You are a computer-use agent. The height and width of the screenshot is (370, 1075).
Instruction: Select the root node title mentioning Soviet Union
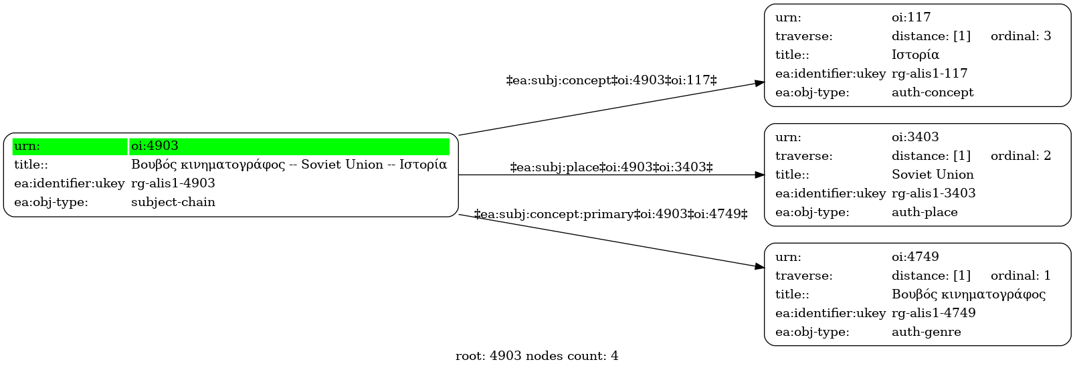tap(289, 165)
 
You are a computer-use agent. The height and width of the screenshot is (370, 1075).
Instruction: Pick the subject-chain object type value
tap(173, 202)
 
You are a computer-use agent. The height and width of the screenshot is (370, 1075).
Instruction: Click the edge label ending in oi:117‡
tap(611, 80)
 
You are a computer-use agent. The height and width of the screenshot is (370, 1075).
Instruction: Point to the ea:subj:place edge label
tap(611, 167)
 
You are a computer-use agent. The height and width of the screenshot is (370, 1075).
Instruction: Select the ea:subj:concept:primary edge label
tap(611, 214)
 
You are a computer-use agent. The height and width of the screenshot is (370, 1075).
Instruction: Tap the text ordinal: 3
tap(1021, 36)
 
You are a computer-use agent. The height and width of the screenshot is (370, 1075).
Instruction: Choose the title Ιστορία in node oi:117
tap(915, 55)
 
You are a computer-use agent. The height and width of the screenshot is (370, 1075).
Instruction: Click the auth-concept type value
tap(933, 92)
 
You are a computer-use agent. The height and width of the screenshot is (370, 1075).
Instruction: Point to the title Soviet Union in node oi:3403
tap(933, 174)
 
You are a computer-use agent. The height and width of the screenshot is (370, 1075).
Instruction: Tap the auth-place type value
tap(924, 211)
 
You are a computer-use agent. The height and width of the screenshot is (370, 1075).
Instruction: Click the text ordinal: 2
tap(1021, 155)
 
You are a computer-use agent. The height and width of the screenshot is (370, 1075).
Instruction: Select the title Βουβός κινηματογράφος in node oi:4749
tap(969, 294)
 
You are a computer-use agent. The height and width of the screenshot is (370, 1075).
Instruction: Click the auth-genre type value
tap(926, 332)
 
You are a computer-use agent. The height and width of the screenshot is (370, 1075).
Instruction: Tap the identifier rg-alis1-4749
tap(933, 313)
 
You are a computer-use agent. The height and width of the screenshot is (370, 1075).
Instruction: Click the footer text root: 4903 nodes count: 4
tap(536, 356)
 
